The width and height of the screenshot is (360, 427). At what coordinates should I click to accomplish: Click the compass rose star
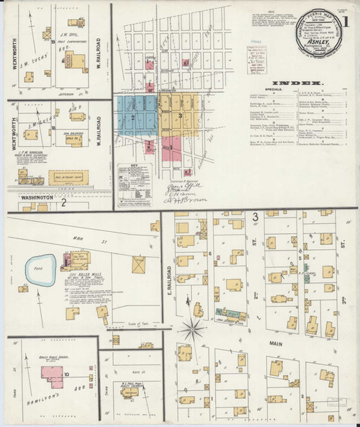pos(192,331)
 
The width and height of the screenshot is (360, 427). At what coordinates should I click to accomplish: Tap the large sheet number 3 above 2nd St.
pos(255,216)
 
